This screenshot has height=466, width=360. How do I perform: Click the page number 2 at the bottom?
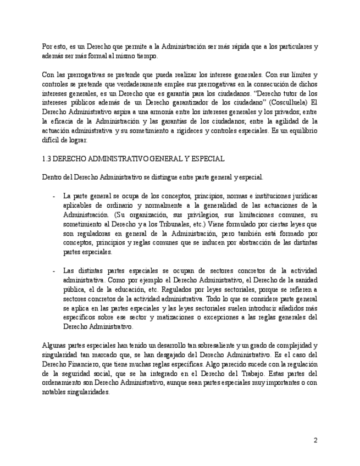(x=315, y=440)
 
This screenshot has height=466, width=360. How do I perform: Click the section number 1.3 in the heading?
(x=47, y=158)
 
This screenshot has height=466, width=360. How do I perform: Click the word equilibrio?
(x=297, y=130)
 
